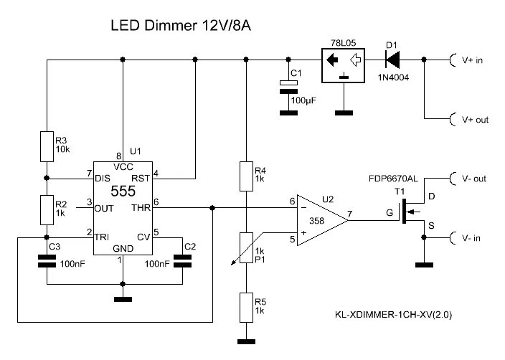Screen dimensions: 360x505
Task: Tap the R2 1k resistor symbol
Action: tap(47, 209)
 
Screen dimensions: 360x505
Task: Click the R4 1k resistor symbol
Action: tap(246, 174)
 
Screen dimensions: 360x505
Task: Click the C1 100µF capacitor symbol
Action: tap(288, 85)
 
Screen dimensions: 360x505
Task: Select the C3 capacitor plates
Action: tap(47, 263)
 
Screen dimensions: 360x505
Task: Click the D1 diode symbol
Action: tap(392, 60)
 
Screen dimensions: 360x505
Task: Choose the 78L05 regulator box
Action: tap(344, 65)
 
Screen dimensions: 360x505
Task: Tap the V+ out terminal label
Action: tap(475, 120)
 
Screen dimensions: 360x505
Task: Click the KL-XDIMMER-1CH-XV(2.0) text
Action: tap(394, 314)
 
